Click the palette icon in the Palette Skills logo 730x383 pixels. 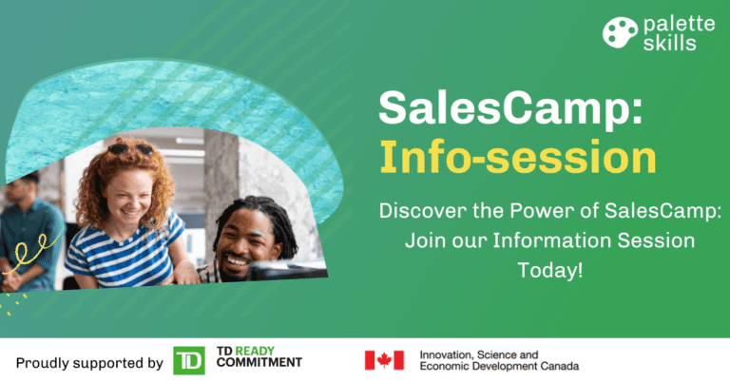(620, 32)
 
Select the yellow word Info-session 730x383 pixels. (518, 157)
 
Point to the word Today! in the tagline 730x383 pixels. (549, 270)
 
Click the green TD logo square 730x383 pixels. (189, 360)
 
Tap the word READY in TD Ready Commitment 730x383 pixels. (255, 351)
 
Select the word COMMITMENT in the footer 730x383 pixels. (259, 362)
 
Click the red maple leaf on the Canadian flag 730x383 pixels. (384, 360)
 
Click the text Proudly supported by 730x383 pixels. (89, 363)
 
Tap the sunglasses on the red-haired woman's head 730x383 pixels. (131, 149)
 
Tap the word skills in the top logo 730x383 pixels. (669, 44)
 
